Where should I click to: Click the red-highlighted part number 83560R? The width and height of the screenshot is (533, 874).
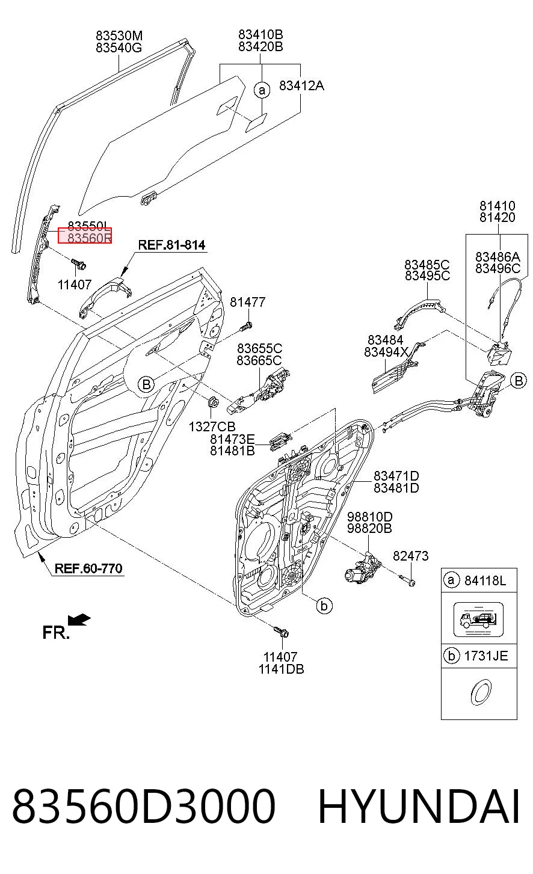pos(90,238)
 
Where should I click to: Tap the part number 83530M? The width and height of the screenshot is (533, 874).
pos(119,35)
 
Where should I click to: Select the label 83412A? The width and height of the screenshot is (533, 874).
pos(301,85)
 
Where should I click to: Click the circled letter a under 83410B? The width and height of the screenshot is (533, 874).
pos(262,90)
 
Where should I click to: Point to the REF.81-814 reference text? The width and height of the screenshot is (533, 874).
pos(171,245)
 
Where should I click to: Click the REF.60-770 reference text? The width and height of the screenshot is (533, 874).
pos(88,568)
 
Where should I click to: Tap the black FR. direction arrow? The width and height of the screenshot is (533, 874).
pos(79,620)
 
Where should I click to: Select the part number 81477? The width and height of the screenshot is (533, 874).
pos(247,301)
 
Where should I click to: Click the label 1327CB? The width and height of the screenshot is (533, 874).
pos(212,426)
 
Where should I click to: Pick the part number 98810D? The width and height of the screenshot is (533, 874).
pos(370,517)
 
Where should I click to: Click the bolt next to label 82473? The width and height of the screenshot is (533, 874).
pos(408,581)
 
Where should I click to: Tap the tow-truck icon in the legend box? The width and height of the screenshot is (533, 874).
pos(478,619)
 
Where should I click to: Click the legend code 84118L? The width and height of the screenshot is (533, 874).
pos(485,581)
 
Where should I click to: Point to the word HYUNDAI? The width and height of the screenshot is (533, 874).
pos(419,807)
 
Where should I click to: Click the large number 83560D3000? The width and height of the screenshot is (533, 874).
pos(144,807)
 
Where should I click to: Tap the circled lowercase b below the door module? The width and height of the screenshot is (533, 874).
pos(324,606)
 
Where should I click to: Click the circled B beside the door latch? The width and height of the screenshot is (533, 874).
pos(519,380)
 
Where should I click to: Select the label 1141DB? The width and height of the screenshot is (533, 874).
pos(281,669)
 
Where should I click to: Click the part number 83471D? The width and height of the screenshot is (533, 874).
pos(396,476)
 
